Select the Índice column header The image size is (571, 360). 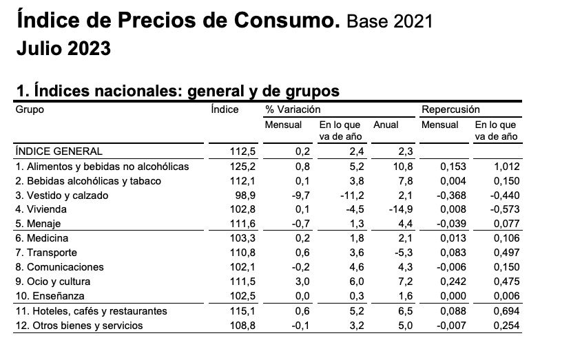coord(225,109)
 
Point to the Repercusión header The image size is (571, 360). coord(450,109)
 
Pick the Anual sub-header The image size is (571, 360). coord(386,125)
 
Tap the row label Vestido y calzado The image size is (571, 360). coord(61,195)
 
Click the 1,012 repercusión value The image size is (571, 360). coord(506,167)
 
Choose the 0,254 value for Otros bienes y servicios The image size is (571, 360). coord(506,326)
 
